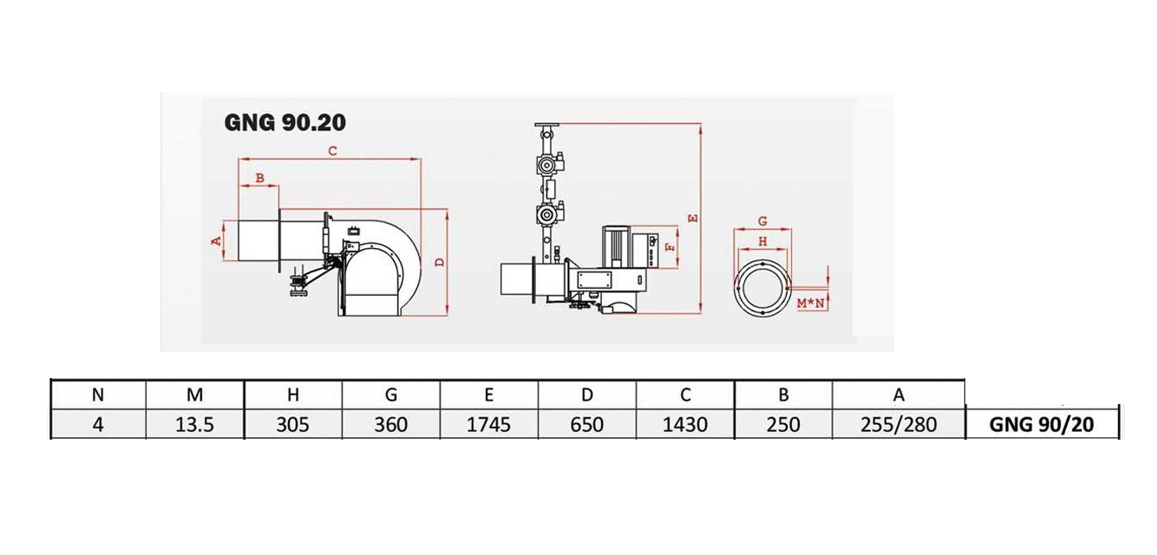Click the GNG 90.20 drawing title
tap(285, 122)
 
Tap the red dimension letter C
tap(333, 151)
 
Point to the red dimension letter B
tap(260, 178)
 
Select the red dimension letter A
tap(217, 240)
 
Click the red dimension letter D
tap(440, 262)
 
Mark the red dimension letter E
tap(693, 219)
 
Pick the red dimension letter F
tap(670, 248)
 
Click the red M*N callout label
tap(810, 304)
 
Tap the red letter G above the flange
tap(762, 221)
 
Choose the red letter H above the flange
tap(762, 241)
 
